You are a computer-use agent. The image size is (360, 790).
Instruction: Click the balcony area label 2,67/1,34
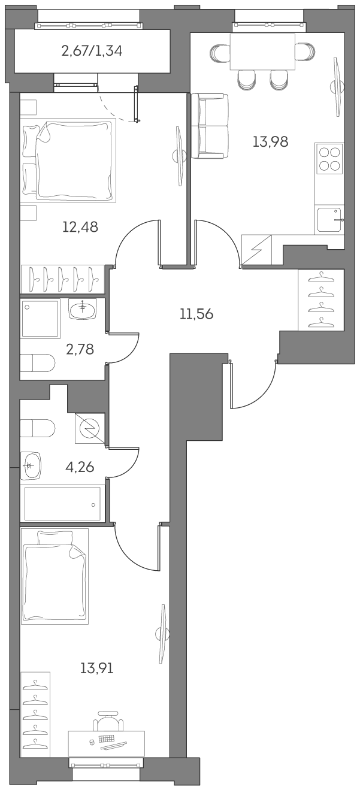point(92,51)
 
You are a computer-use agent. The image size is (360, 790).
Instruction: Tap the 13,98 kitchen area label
point(270,142)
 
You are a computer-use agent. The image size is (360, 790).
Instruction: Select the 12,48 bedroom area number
point(80,227)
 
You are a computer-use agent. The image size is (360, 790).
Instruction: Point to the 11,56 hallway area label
point(196,314)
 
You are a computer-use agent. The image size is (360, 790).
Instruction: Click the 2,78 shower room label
point(80,349)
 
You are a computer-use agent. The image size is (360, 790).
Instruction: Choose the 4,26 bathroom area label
point(80,466)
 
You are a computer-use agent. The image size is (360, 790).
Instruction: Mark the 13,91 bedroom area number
point(96,668)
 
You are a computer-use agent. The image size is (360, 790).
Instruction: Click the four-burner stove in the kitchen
point(330,158)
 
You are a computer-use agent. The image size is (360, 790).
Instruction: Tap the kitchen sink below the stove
point(329,219)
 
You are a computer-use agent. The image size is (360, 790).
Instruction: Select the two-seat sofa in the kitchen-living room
point(209,126)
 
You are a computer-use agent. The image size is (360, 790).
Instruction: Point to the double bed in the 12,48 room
point(69,160)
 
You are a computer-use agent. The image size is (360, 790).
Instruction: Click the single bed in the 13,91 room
point(54,576)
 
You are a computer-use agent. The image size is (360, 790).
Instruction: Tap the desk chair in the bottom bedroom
point(108,722)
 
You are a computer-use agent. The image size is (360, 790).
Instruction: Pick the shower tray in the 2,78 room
point(41,319)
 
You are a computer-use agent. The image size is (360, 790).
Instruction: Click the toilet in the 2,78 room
point(38,362)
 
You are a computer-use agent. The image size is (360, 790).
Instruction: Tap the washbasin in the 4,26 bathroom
point(32,466)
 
